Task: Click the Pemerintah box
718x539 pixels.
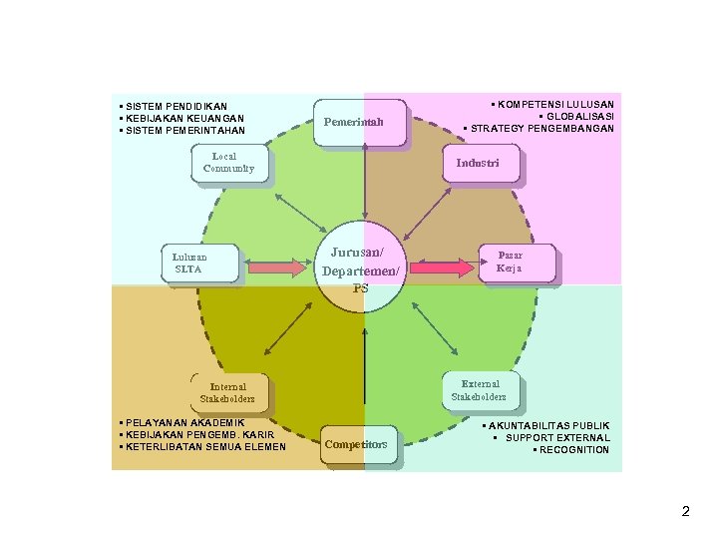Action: coord(360,123)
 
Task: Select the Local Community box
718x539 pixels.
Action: coord(228,163)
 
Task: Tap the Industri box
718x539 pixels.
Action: coord(480,163)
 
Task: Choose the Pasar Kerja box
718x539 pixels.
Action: coord(517,263)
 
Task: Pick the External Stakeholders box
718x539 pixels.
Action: coord(481,389)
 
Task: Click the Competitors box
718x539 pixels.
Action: coord(360,444)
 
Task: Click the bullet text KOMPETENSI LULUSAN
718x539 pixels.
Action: coord(554,104)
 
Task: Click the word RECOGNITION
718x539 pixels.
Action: coord(573,450)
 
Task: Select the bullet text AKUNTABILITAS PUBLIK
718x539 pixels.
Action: coord(548,426)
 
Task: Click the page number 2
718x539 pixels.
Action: coord(685,512)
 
